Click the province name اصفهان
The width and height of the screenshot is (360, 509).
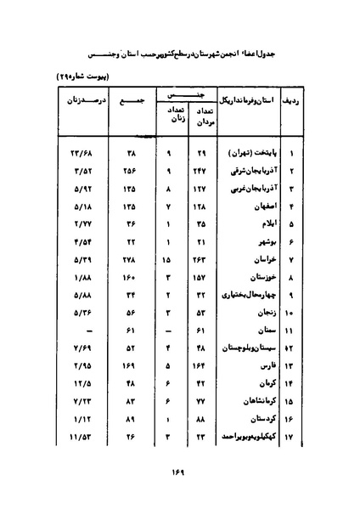coord(250,206)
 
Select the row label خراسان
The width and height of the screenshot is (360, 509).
coord(250,257)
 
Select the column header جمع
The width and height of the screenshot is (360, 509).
coord(130,102)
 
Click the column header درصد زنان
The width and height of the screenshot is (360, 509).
coord(74,102)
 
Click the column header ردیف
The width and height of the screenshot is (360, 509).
coord(290,102)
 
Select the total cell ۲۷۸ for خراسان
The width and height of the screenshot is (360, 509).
coord(131,257)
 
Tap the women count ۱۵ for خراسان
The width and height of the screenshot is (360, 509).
coord(166,257)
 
